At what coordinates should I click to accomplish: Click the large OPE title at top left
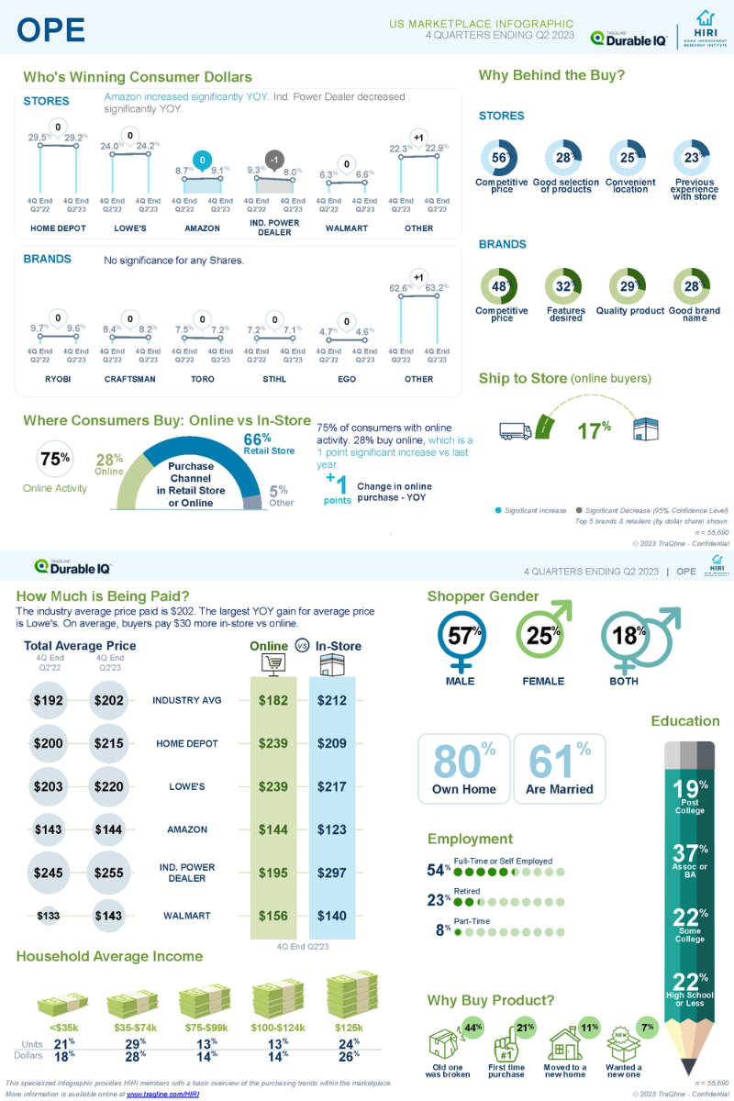click(51, 30)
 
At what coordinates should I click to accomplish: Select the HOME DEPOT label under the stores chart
click(58, 228)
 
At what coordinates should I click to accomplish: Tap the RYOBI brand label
click(58, 378)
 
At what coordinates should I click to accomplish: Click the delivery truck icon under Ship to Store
click(516, 429)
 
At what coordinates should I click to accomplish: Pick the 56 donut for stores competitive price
click(500, 158)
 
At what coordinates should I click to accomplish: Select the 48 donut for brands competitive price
click(500, 286)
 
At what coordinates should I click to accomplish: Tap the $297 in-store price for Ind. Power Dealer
click(331, 873)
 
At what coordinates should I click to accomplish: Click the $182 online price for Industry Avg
click(273, 700)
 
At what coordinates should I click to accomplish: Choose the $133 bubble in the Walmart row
click(50, 916)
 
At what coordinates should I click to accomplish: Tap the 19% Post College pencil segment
click(690, 795)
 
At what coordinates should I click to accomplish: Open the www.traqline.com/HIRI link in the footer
click(162, 1094)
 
